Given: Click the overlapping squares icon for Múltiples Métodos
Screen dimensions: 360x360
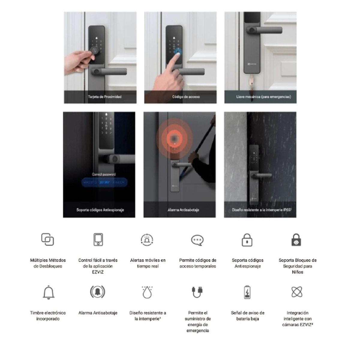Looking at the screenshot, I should point(47,239).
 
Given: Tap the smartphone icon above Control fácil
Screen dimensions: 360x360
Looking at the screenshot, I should point(98,239).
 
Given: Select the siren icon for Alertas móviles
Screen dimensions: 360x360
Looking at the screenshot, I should point(147,239).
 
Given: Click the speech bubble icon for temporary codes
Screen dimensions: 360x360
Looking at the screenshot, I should point(197,240).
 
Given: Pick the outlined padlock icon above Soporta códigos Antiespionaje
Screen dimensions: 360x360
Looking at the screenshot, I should point(247,240).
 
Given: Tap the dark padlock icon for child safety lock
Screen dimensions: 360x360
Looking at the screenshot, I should point(296,240).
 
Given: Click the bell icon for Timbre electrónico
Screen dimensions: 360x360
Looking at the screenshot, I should point(48,292).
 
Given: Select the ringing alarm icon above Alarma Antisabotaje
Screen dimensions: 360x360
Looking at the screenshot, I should point(98,292).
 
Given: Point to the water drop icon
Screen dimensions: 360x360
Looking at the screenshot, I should point(147,292).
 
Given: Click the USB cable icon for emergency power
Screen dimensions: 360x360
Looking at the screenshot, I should point(197,292).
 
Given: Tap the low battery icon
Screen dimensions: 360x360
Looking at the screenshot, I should point(247,292).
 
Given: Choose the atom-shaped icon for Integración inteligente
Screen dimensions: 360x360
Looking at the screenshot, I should point(297,292).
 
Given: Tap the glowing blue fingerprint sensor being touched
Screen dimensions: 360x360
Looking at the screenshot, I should point(178,51).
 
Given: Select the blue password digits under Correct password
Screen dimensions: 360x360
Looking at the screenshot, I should point(105,182).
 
